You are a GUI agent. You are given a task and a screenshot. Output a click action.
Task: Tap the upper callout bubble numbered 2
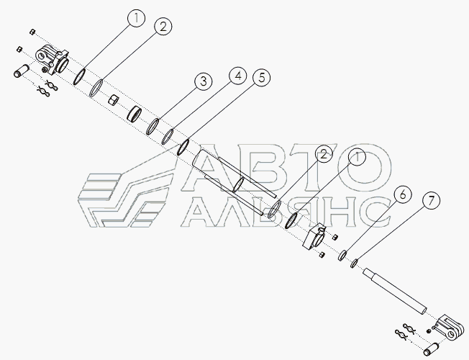coord(163,27)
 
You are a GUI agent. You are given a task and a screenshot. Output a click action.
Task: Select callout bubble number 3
coord(205,81)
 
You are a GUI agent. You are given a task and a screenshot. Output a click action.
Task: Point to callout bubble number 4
coord(237,75)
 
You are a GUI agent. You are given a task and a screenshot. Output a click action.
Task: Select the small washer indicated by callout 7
coord(354,263)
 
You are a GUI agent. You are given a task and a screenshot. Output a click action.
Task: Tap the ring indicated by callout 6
coord(343,256)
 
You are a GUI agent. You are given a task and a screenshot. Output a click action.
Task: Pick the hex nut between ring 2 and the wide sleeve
coord(114,100)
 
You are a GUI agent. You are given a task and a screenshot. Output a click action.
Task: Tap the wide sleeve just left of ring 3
coord(135,114)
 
